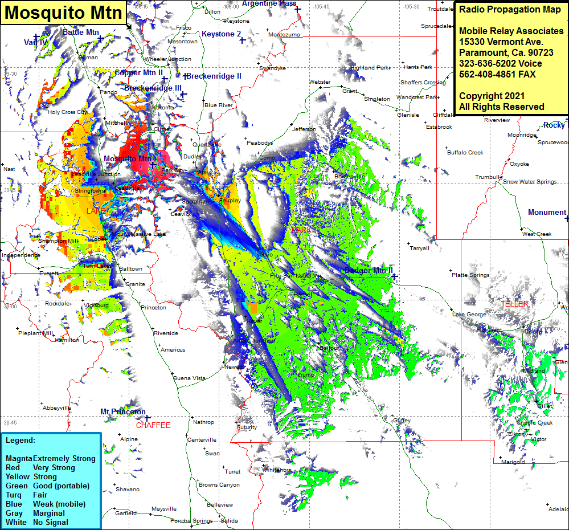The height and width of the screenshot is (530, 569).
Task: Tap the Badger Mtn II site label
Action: (x=369, y=270)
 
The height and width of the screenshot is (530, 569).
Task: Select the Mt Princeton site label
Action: (x=123, y=411)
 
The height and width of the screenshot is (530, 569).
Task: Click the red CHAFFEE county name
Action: (x=153, y=425)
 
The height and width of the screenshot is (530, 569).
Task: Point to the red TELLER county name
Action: (x=515, y=304)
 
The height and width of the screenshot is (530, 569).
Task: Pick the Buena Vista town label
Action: (x=189, y=378)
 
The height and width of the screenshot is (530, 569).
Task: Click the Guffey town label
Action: (x=402, y=421)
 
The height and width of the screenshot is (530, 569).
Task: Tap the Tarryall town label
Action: (x=419, y=248)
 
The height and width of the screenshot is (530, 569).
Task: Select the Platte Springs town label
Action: (x=470, y=275)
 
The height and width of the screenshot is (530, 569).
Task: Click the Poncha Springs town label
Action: (x=191, y=521)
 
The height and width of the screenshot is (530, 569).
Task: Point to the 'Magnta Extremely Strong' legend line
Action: (x=51, y=458)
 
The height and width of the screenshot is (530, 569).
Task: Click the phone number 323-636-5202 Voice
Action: (x=501, y=64)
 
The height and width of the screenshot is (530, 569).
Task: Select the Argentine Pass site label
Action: (x=269, y=3)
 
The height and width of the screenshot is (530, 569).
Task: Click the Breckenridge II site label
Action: (x=214, y=76)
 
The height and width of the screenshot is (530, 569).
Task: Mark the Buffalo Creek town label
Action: (x=465, y=153)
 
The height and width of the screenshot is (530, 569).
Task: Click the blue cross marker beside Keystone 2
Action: (x=242, y=40)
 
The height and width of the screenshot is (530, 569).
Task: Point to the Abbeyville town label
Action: (x=57, y=408)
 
